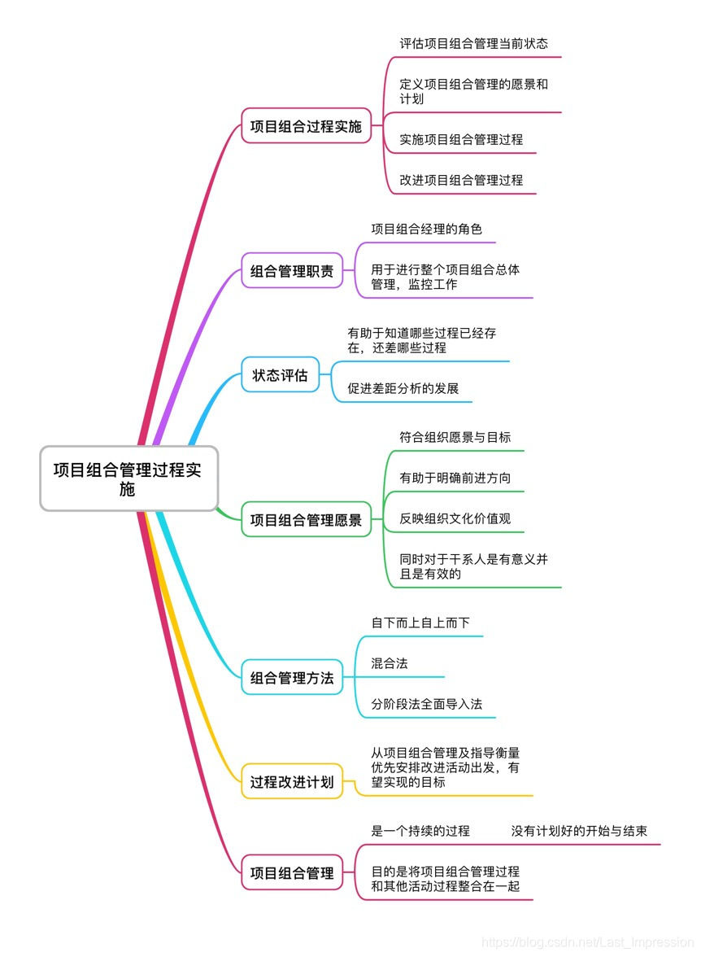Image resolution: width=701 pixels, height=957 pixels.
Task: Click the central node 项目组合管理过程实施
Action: click(x=128, y=478)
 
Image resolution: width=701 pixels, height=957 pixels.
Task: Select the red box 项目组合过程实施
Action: click(x=306, y=126)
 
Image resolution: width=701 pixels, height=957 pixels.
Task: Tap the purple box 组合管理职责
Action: click(x=292, y=271)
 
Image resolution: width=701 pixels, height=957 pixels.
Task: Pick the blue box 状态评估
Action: click(x=280, y=375)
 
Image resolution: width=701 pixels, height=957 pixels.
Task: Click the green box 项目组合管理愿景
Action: click(x=306, y=519)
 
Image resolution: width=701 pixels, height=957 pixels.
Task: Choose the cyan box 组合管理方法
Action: click(x=292, y=677)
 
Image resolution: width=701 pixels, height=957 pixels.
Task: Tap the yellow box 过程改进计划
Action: click(x=292, y=782)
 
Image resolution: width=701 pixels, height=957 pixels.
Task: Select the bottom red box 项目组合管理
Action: click(x=292, y=873)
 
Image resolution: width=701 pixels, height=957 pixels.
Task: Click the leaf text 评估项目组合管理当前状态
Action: click(x=473, y=43)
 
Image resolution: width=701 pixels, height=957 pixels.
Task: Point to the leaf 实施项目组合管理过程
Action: click(x=461, y=139)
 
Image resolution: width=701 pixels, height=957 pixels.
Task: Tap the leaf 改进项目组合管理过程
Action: click(x=461, y=180)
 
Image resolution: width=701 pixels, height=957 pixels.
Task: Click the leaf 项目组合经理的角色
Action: click(x=426, y=229)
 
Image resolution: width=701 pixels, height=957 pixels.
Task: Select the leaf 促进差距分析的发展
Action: click(x=403, y=388)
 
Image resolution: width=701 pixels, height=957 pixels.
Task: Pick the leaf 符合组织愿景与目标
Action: click(x=455, y=437)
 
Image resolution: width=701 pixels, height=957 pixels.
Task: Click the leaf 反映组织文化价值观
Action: click(x=455, y=518)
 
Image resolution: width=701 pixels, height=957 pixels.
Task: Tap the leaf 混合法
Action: click(x=390, y=663)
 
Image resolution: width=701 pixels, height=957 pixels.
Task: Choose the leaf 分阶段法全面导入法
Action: click(x=426, y=704)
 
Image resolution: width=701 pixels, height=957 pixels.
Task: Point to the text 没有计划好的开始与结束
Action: click(x=579, y=831)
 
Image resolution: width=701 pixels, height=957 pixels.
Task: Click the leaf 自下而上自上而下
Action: click(x=420, y=623)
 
